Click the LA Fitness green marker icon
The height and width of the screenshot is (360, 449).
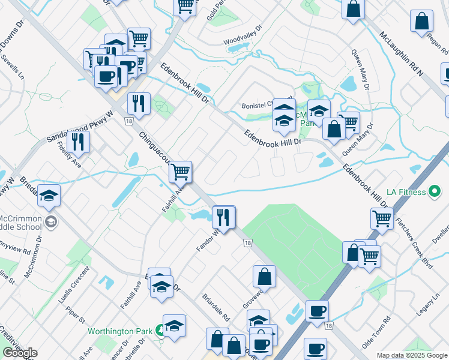(436, 192)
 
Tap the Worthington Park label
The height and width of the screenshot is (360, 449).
(121, 331)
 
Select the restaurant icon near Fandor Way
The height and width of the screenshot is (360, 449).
(223, 217)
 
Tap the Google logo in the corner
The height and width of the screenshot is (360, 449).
(20, 353)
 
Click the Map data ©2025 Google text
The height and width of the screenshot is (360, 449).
(412, 355)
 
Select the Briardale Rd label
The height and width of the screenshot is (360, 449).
(217, 305)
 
